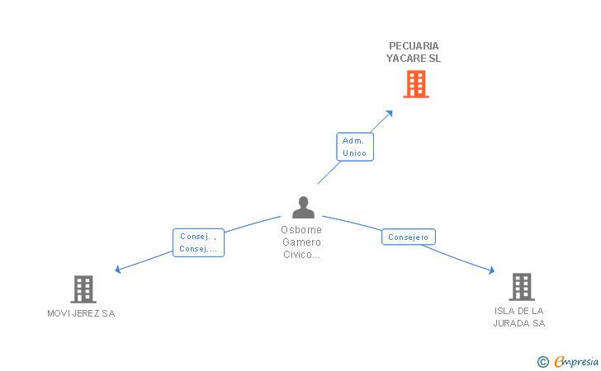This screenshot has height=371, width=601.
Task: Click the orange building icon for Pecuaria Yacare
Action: click(416, 84)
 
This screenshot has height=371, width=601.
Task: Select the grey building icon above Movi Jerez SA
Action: click(83, 289)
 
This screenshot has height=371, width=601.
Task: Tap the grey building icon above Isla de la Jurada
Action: click(521, 286)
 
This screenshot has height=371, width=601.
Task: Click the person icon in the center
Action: click(303, 207)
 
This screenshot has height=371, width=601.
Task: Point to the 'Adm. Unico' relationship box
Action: click(355, 147)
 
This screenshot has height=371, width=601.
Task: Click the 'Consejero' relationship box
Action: click(408, 237)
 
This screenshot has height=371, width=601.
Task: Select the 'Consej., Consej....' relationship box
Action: click(198, 242)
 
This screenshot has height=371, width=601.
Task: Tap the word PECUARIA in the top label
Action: click(414, 46)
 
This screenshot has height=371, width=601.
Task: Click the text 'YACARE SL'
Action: click(414, 59)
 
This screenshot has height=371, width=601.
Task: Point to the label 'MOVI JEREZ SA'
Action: click(81, 313)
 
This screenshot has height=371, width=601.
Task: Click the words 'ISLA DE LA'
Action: click(518, 311)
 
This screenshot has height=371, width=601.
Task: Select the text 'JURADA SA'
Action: click(519, 323)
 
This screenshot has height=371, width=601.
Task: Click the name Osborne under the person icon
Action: click(301, 230)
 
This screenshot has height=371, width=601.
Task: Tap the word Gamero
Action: click(301, 242)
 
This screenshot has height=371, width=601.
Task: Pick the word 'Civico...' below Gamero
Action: click(301, 255)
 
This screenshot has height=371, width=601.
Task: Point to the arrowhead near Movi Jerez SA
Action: click(118, 269)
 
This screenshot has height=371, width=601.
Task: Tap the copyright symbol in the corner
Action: click(542, 361)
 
